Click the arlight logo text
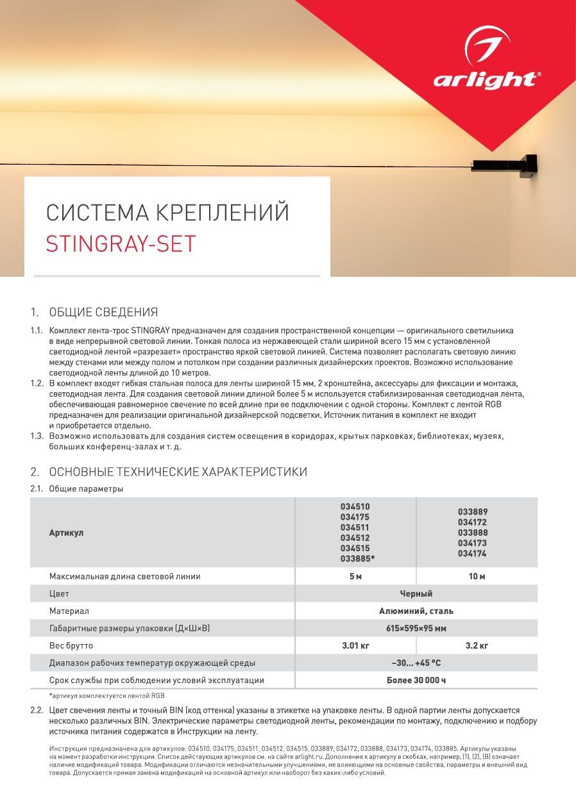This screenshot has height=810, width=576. coord(486,80)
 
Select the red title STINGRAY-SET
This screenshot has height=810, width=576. coord(121,244)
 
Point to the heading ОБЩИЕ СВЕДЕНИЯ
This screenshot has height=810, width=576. coord(103,313)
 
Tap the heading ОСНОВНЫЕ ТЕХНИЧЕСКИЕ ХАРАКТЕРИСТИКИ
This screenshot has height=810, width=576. coord(178,472)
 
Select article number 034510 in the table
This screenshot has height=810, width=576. coord(355,507)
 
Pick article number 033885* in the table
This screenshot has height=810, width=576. coord(357,559)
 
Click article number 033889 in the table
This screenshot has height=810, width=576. coord(473,512)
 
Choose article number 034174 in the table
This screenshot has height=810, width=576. coord(473,554)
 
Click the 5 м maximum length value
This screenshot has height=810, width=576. coord(355,577)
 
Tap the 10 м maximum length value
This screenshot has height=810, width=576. coord(477,577)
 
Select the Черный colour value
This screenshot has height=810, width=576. coord(416,594)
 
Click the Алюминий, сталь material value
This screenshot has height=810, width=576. coord(416,611)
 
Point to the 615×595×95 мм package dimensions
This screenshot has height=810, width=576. coord(416,629)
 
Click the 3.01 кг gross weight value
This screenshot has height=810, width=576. coord(355,646)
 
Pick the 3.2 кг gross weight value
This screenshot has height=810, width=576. coord(477,646)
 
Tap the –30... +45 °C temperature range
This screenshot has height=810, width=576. coord(416,663)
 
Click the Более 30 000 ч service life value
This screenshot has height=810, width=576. coord(416,681)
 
